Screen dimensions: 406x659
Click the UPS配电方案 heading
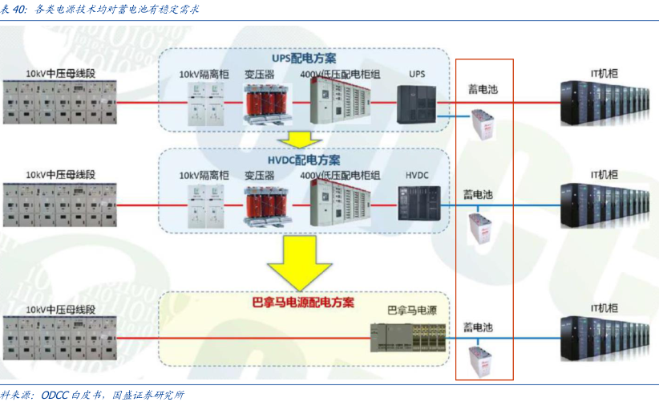coord(304,59)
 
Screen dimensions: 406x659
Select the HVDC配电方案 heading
coord(304,159)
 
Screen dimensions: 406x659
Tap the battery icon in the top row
coord(483,124)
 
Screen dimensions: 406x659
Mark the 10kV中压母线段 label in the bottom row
coord(60,309)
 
